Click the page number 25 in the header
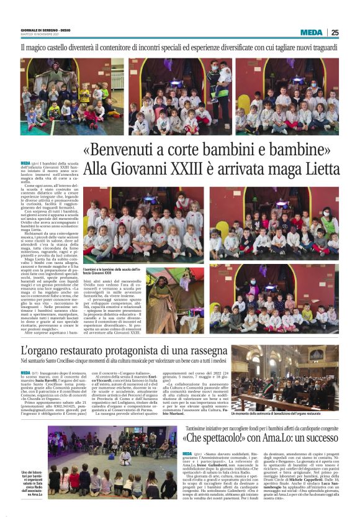tap(351, 32)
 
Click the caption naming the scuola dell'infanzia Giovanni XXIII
tap(110, 270)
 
